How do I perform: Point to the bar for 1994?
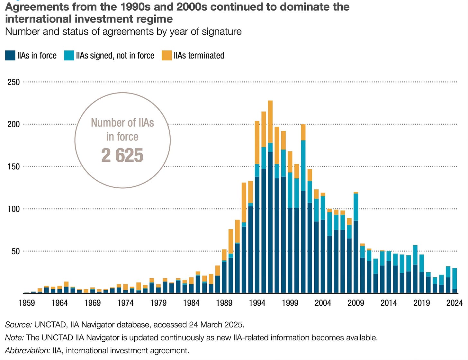click(257, 225)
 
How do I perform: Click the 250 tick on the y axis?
click(14, 82)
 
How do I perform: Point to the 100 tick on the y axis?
click(14, 209)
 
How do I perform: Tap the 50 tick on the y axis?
click(15, 251)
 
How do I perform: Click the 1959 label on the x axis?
click(27, 303)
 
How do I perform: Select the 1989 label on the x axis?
click(224, 303)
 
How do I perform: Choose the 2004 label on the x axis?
click(323, 303)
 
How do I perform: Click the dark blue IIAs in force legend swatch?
click(10, 56)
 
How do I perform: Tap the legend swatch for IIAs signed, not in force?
click(69, 56)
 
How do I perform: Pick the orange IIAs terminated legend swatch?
click(166, 56)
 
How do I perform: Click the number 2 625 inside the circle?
click(122, 156)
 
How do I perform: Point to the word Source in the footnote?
click(18, 325)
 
